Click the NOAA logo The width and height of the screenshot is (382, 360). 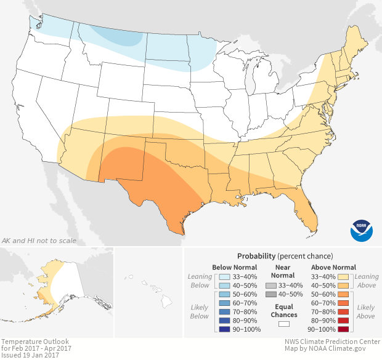point(362,229)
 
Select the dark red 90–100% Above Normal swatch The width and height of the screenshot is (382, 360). point(345,329)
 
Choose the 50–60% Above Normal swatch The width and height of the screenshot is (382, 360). point(345,294)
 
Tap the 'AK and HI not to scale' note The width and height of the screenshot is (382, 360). point(39,241)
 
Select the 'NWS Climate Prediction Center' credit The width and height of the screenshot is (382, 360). point(333,342)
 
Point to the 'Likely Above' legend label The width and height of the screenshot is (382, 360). point(365,311)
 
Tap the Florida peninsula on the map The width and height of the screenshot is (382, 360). point(307,209)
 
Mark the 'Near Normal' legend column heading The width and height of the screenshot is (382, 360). point(283,271)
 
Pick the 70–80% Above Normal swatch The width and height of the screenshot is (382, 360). point(345,312)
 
